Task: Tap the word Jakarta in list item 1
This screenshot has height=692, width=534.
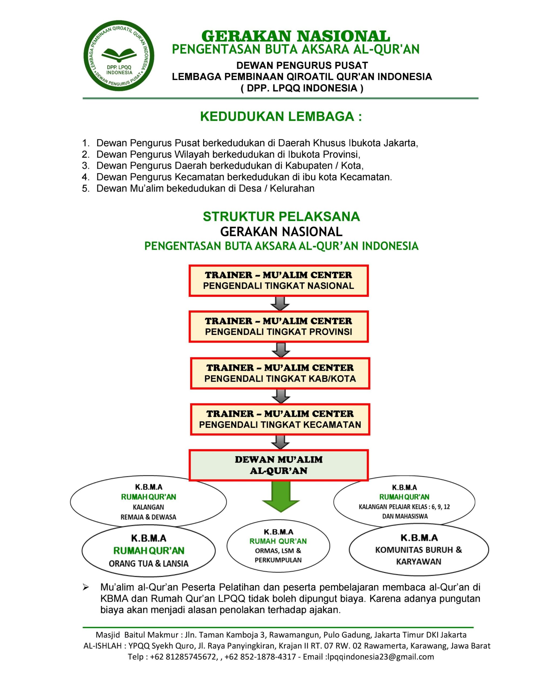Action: pos(400,143)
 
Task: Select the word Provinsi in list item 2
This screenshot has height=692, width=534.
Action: pos(341,155)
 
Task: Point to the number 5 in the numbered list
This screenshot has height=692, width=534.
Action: pos(85,188)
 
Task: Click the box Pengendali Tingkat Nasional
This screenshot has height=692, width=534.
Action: pos(279,281)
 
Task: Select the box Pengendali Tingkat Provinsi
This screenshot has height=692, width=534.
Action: pos(279,327)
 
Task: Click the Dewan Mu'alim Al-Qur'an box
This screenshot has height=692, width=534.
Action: pos(279,465)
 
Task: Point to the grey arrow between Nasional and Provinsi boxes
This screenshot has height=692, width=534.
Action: pos(280,304)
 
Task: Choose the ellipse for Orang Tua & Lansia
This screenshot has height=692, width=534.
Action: pos(148,551)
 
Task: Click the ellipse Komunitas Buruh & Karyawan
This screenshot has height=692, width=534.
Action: pos(418,550)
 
